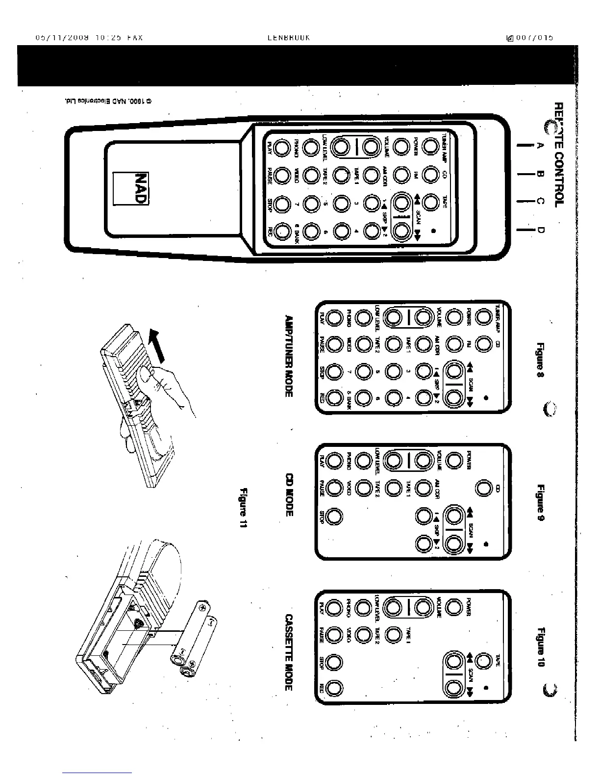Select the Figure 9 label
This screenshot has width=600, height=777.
pos(541,502)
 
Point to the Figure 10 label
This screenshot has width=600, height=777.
pos(541,647)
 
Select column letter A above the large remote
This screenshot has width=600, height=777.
pos(541,146)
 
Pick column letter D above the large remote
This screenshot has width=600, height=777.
pos(541,229)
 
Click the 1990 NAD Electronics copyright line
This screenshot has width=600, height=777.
pos(107,101)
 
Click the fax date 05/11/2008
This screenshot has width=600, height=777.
pos(62,37)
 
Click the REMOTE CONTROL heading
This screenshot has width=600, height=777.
pos(557,155)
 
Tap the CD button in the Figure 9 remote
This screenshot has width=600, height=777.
pos(484,489)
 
